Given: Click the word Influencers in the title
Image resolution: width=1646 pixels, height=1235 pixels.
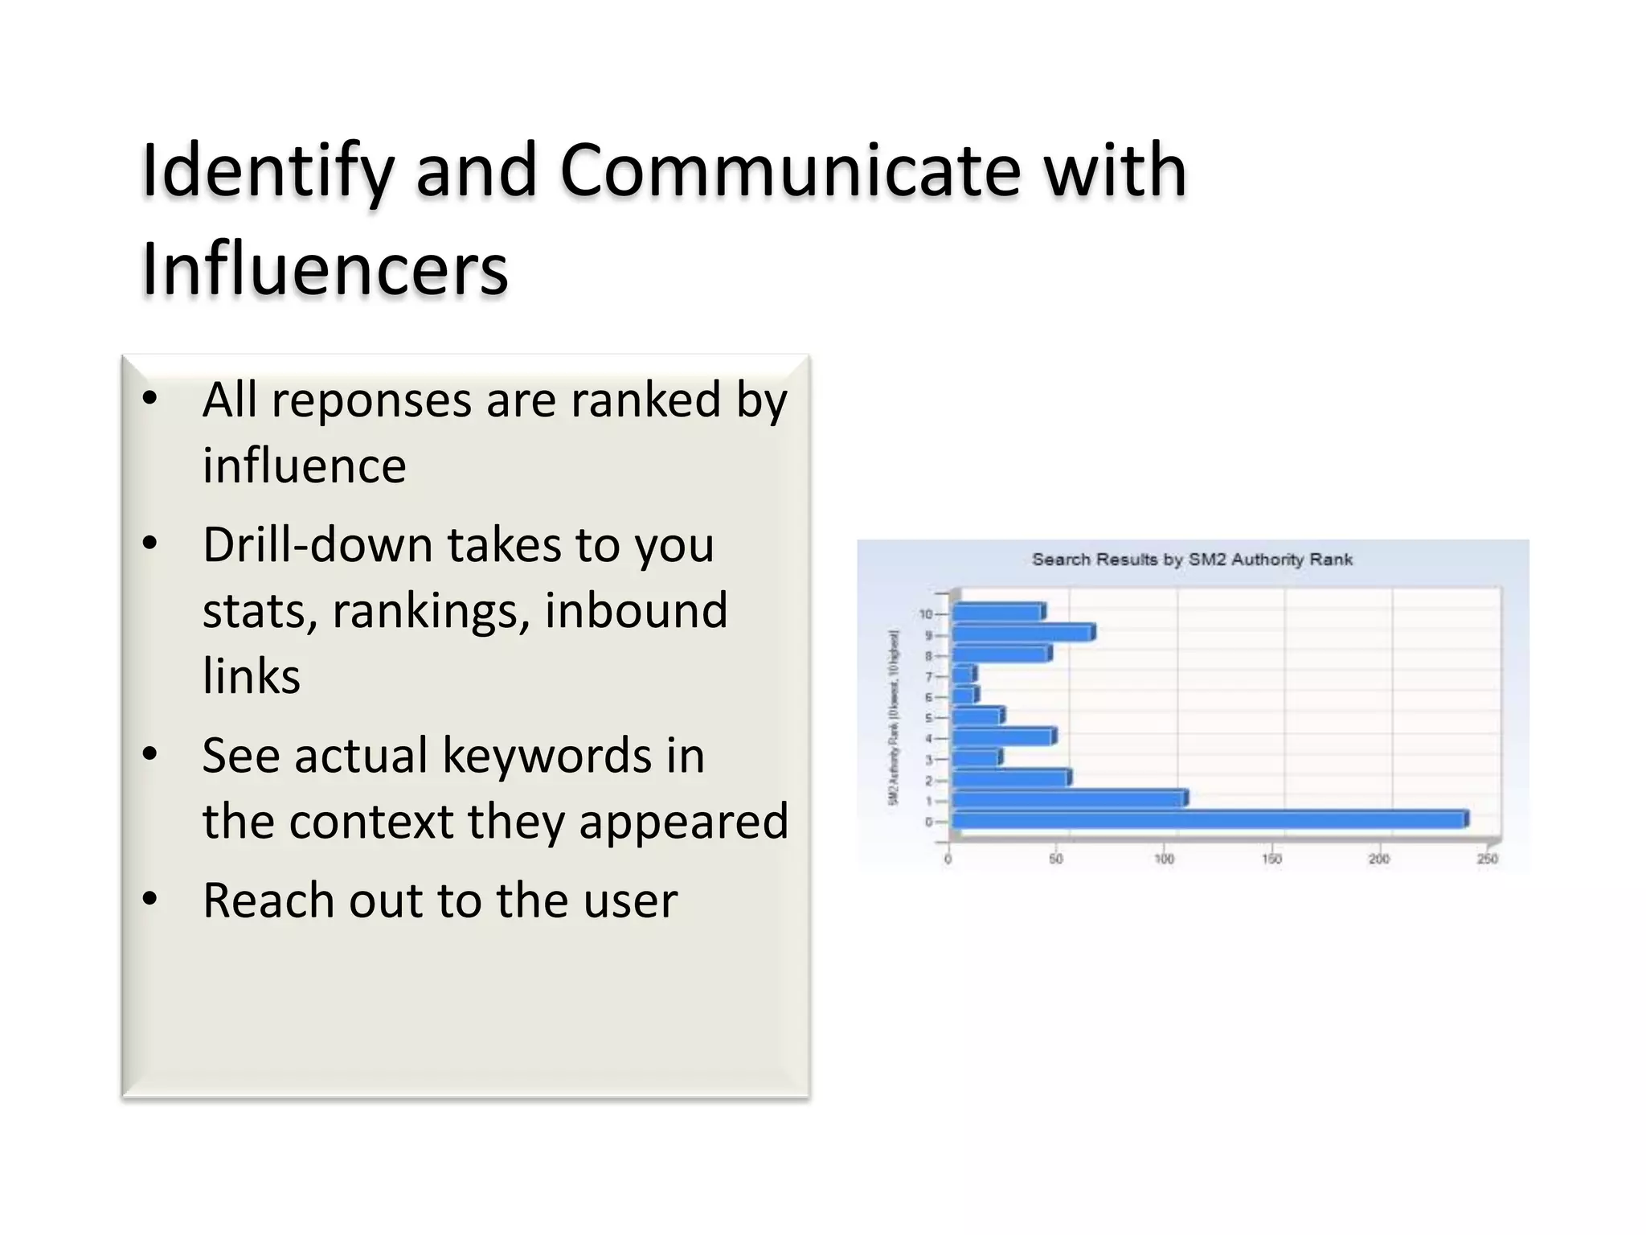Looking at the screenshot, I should (x=325, y=268).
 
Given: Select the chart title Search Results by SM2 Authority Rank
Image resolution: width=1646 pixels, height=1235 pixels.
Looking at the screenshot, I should (x=1192, y=560).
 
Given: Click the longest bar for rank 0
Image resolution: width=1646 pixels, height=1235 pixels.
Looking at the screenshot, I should (x=1209, y=820).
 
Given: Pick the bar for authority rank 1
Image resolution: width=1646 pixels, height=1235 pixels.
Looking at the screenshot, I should (x=1069, y=798).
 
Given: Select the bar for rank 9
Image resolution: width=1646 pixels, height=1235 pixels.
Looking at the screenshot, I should (x=1022, y=634).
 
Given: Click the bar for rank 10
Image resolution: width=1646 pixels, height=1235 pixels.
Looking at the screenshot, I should (x=998, y=613).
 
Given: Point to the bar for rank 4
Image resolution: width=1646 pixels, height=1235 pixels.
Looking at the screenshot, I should (x=1003, y=736).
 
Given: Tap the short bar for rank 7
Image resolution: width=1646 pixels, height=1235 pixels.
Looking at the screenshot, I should (x=964, y=674).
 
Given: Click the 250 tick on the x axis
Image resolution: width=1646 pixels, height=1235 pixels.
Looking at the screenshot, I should (x=1487, y=860).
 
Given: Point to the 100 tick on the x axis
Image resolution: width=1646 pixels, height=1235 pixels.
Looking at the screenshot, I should (x=1164, y=860).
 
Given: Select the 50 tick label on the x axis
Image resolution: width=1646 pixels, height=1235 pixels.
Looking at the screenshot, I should (x=1056, y=860).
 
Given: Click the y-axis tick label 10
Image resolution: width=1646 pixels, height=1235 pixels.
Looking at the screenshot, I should (x=925, y=614).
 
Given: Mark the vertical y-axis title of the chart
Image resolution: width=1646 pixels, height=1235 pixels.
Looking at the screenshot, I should (x=894, y=717).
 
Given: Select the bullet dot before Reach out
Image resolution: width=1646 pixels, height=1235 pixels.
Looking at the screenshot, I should (x=149, y=899).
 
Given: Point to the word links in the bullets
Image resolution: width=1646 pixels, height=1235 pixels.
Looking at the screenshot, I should (x=251, y=676).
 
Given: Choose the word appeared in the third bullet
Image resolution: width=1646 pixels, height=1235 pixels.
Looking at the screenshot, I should (x=684, y=822).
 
